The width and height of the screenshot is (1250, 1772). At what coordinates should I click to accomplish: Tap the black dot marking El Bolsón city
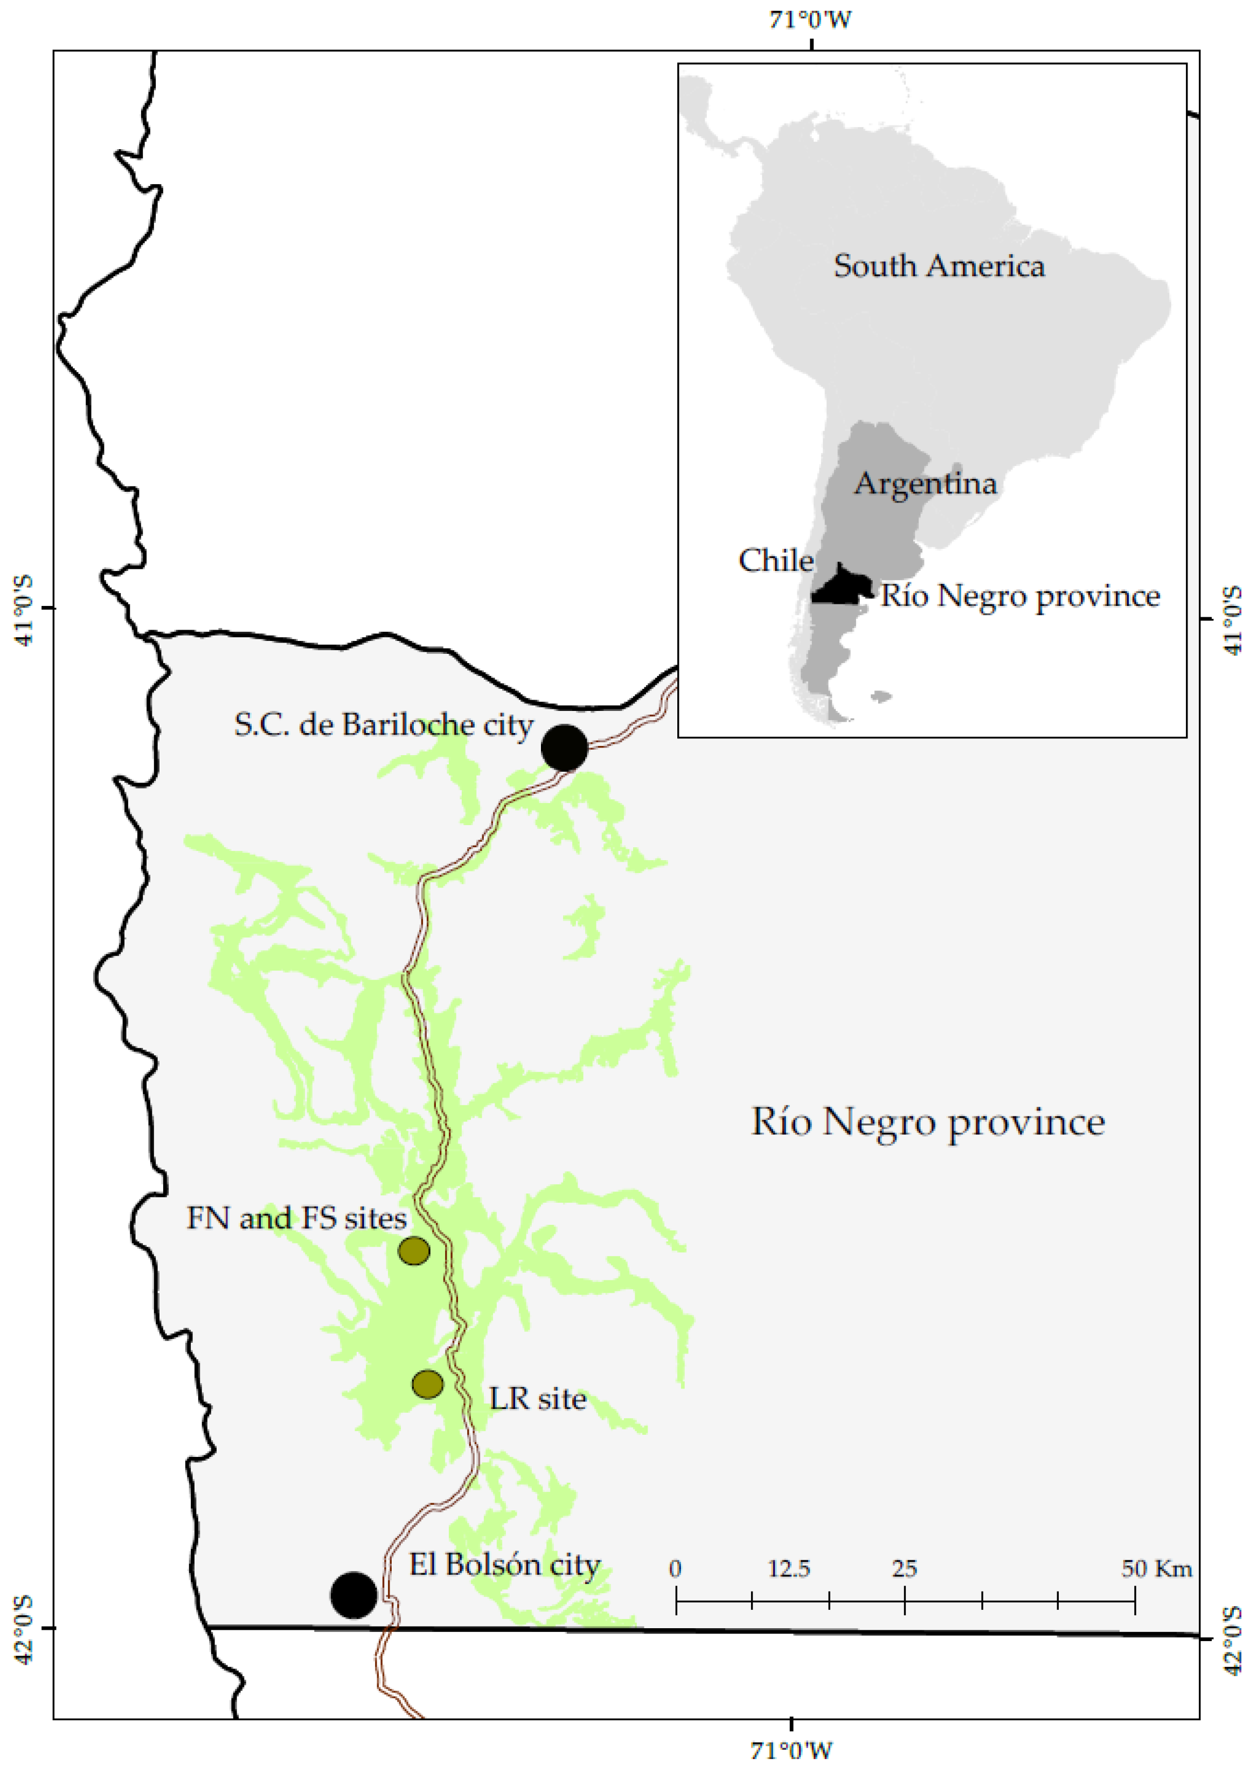[x=353, y=1594]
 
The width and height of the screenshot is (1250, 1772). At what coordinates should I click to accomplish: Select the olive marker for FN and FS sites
[x=414, y=1250]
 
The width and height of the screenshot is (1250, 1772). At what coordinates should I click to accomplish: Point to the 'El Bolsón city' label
[x=504, y=1565]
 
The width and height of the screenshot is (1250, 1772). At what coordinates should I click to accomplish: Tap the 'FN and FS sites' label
[x=296, y=1218]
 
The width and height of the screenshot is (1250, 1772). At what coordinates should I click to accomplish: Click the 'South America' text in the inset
[x=939, y=266]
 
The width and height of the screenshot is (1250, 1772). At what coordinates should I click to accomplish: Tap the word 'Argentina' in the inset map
[x=925, y=483]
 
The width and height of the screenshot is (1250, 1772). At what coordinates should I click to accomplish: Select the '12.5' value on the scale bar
[x=788, y=1568]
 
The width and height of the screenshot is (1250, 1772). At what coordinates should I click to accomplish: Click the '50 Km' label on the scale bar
[x=1156, y=1568]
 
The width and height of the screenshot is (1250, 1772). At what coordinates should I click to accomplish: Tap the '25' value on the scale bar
[x=904, y=1568]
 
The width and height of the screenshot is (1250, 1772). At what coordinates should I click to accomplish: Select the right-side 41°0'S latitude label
[x=1233, y=620]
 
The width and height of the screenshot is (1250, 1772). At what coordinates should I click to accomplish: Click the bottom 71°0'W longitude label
[x=791, y=1749]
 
